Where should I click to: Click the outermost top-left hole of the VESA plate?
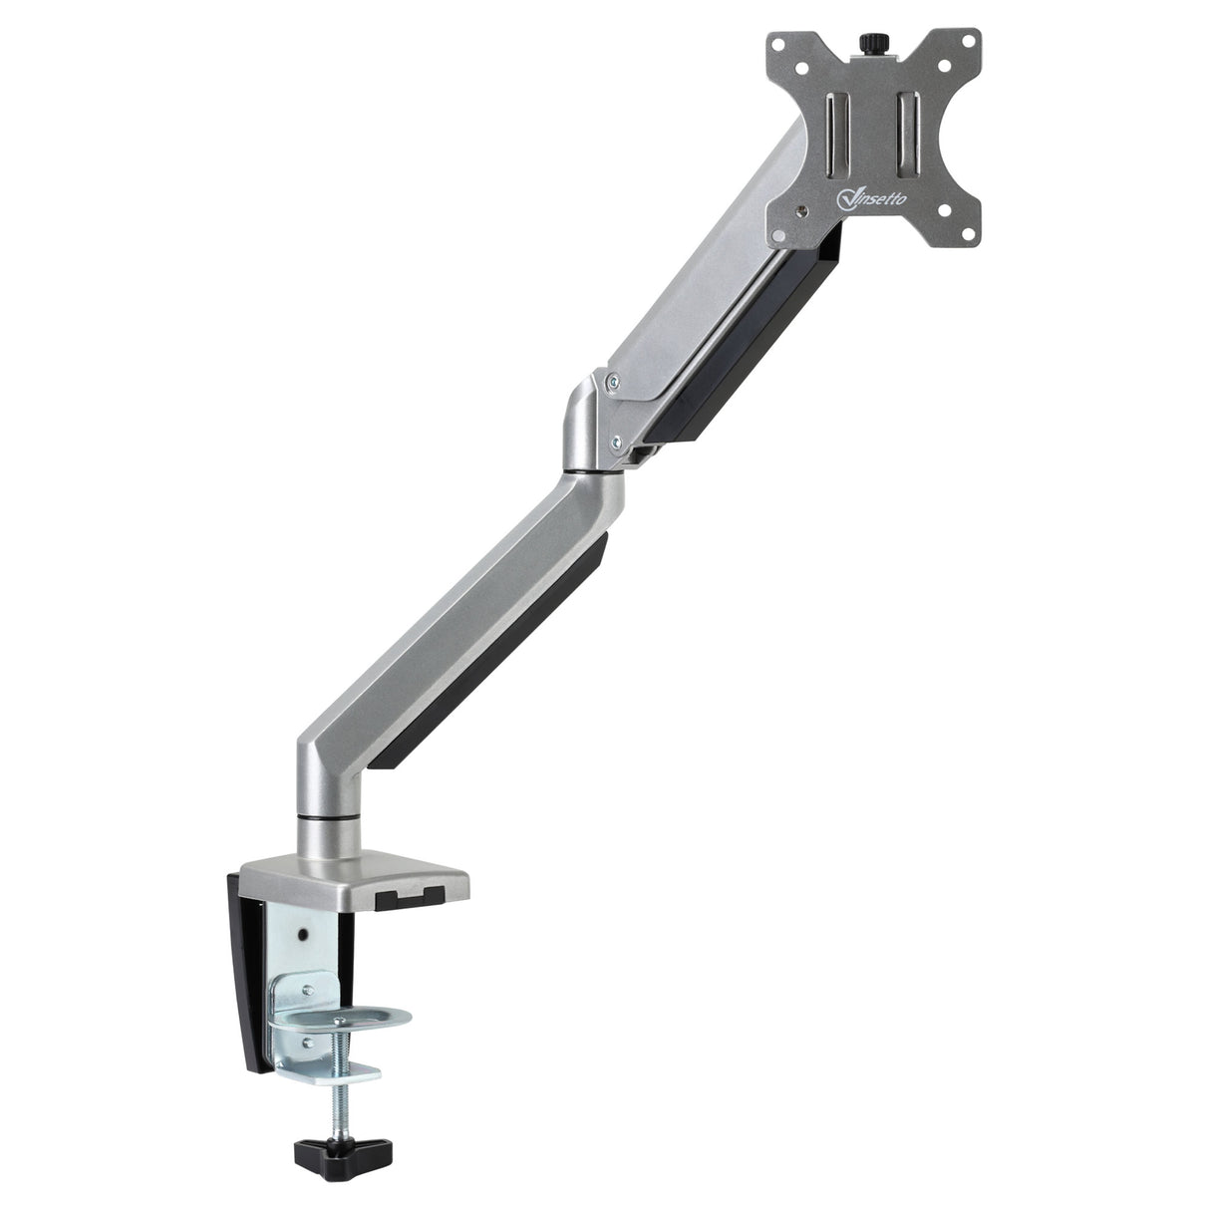[x=779, y=47]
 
